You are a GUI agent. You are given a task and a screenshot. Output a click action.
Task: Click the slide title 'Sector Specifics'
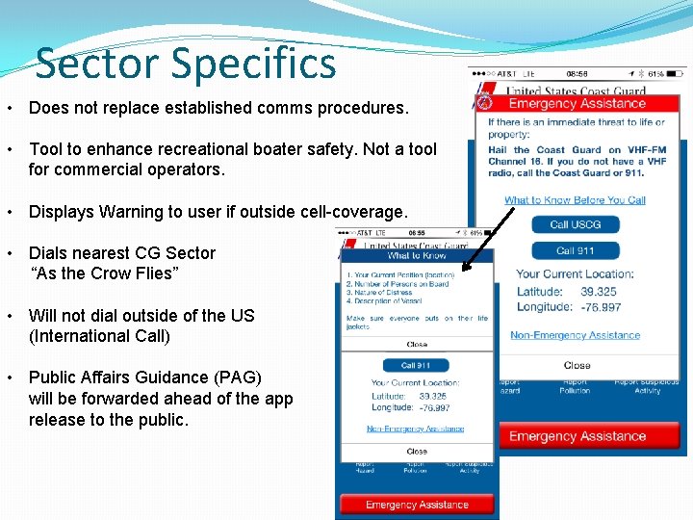coord(186,64)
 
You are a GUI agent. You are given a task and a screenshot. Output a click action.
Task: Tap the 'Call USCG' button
coord(576,224)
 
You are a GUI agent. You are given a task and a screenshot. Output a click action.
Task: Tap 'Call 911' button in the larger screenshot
coord(576,251)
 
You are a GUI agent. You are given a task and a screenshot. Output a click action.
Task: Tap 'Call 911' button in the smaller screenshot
coord(416,365)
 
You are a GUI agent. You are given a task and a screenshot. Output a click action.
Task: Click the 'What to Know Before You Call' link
coord(575,200)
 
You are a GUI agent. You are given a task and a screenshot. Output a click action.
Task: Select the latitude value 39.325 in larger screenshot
coord(600,292)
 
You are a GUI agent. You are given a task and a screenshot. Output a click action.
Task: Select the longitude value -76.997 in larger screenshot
coord(601,307)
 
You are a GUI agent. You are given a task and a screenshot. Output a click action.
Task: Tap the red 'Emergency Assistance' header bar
coord(577,104)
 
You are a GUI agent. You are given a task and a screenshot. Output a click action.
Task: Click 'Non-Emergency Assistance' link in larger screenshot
coord(575,335)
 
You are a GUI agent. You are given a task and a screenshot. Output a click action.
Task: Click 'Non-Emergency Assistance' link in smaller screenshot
coord(416,429)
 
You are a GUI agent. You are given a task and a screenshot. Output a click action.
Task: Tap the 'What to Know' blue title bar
coord(416,255)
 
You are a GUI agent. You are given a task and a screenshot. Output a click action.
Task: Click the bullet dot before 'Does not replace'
coord(8,109)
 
